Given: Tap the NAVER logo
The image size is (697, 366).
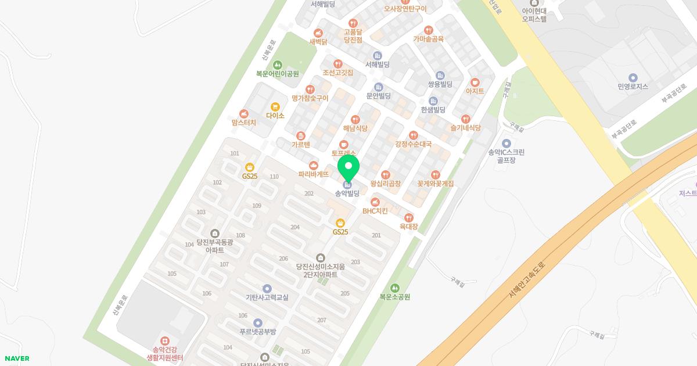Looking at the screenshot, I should [x=16, y=358].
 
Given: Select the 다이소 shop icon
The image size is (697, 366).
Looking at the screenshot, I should [x=275, y=107].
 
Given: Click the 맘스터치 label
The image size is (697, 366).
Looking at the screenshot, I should [x=243, y=123].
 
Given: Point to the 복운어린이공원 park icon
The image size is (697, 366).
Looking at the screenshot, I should [x=277, y=64].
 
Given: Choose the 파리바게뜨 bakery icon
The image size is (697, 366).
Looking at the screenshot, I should [x=314, y=166].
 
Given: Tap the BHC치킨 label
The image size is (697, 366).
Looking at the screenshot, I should [x=375, y=211].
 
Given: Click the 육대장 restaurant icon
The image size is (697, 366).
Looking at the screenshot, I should [x=409, y=218].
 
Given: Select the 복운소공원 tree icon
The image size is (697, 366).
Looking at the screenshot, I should [x=395, y=288].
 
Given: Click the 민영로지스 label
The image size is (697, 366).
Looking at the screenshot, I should [x=633, y=87].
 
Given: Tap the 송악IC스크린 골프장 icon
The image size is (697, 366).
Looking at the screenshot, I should [x=506, y=143].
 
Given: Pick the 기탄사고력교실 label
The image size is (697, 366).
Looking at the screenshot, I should [x=267, y=297].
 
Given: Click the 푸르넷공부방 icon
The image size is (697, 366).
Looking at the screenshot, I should [x=258, y=323].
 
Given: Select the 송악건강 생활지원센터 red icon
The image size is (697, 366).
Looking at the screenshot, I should [x=165, y=340].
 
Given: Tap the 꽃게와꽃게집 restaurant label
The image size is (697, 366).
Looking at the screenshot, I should [x=436, y=184].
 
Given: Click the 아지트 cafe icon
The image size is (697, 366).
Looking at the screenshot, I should [x=475, y=82].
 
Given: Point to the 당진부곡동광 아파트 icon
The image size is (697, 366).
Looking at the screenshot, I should [x=215, y=234].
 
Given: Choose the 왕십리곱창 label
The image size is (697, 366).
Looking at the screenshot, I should [x=386, y=184].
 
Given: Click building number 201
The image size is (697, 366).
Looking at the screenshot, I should [x=376, y=235].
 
